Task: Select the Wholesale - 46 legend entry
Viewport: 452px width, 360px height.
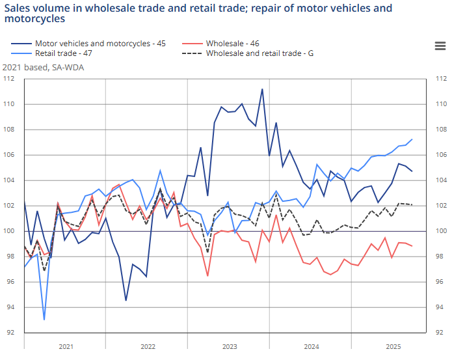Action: pos(232,44)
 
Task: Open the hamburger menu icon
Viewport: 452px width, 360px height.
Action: pos(440,45)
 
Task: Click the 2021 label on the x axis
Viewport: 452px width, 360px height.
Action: pos(64,346)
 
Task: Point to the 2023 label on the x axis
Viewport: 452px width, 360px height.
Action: pos(228,346)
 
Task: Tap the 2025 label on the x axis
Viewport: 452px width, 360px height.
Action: pos(392,346)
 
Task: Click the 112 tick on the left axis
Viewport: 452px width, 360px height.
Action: pos(9,79)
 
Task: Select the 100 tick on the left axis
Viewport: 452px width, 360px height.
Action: pos(9,231)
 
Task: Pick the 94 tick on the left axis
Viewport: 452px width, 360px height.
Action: pos(9,307)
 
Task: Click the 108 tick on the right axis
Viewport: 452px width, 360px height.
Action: pos(440,130)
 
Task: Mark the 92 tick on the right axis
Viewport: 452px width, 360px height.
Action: pos(440,333)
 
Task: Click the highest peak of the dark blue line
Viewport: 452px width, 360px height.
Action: pos(262,89)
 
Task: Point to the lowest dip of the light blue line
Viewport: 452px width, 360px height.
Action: pos(44,320)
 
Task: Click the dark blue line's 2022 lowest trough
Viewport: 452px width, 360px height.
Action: pos(126,300)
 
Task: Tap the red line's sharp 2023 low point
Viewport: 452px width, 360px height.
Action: pos(207,276)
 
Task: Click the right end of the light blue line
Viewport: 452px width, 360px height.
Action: pos(412,139)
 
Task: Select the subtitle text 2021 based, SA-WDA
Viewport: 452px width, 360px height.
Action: pos(43,67)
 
